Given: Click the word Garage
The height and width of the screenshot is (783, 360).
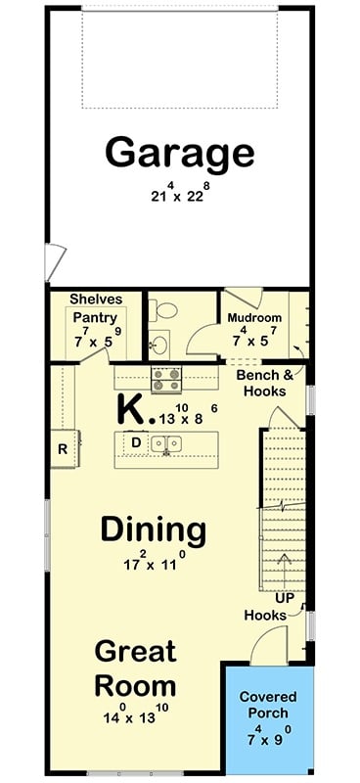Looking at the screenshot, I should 180,153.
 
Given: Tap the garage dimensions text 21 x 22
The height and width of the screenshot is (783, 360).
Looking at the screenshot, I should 180,194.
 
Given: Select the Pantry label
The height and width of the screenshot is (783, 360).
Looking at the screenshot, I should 96,317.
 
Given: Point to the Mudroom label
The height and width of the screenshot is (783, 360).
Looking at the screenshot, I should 254,318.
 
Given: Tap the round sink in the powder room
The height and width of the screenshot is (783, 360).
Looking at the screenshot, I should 158,344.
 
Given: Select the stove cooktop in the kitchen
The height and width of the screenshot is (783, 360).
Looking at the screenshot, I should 164,374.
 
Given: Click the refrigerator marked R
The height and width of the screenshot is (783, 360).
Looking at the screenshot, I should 63,450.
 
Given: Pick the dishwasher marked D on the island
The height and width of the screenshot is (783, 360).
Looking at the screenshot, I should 136,442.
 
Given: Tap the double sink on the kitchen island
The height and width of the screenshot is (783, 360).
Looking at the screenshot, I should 169,444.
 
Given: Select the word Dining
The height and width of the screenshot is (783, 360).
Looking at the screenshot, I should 154,530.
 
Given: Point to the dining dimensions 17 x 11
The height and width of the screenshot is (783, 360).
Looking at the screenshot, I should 154,564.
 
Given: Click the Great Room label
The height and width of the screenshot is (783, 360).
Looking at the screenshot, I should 135,668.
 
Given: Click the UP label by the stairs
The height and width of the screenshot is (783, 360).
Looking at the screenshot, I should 285,596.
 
